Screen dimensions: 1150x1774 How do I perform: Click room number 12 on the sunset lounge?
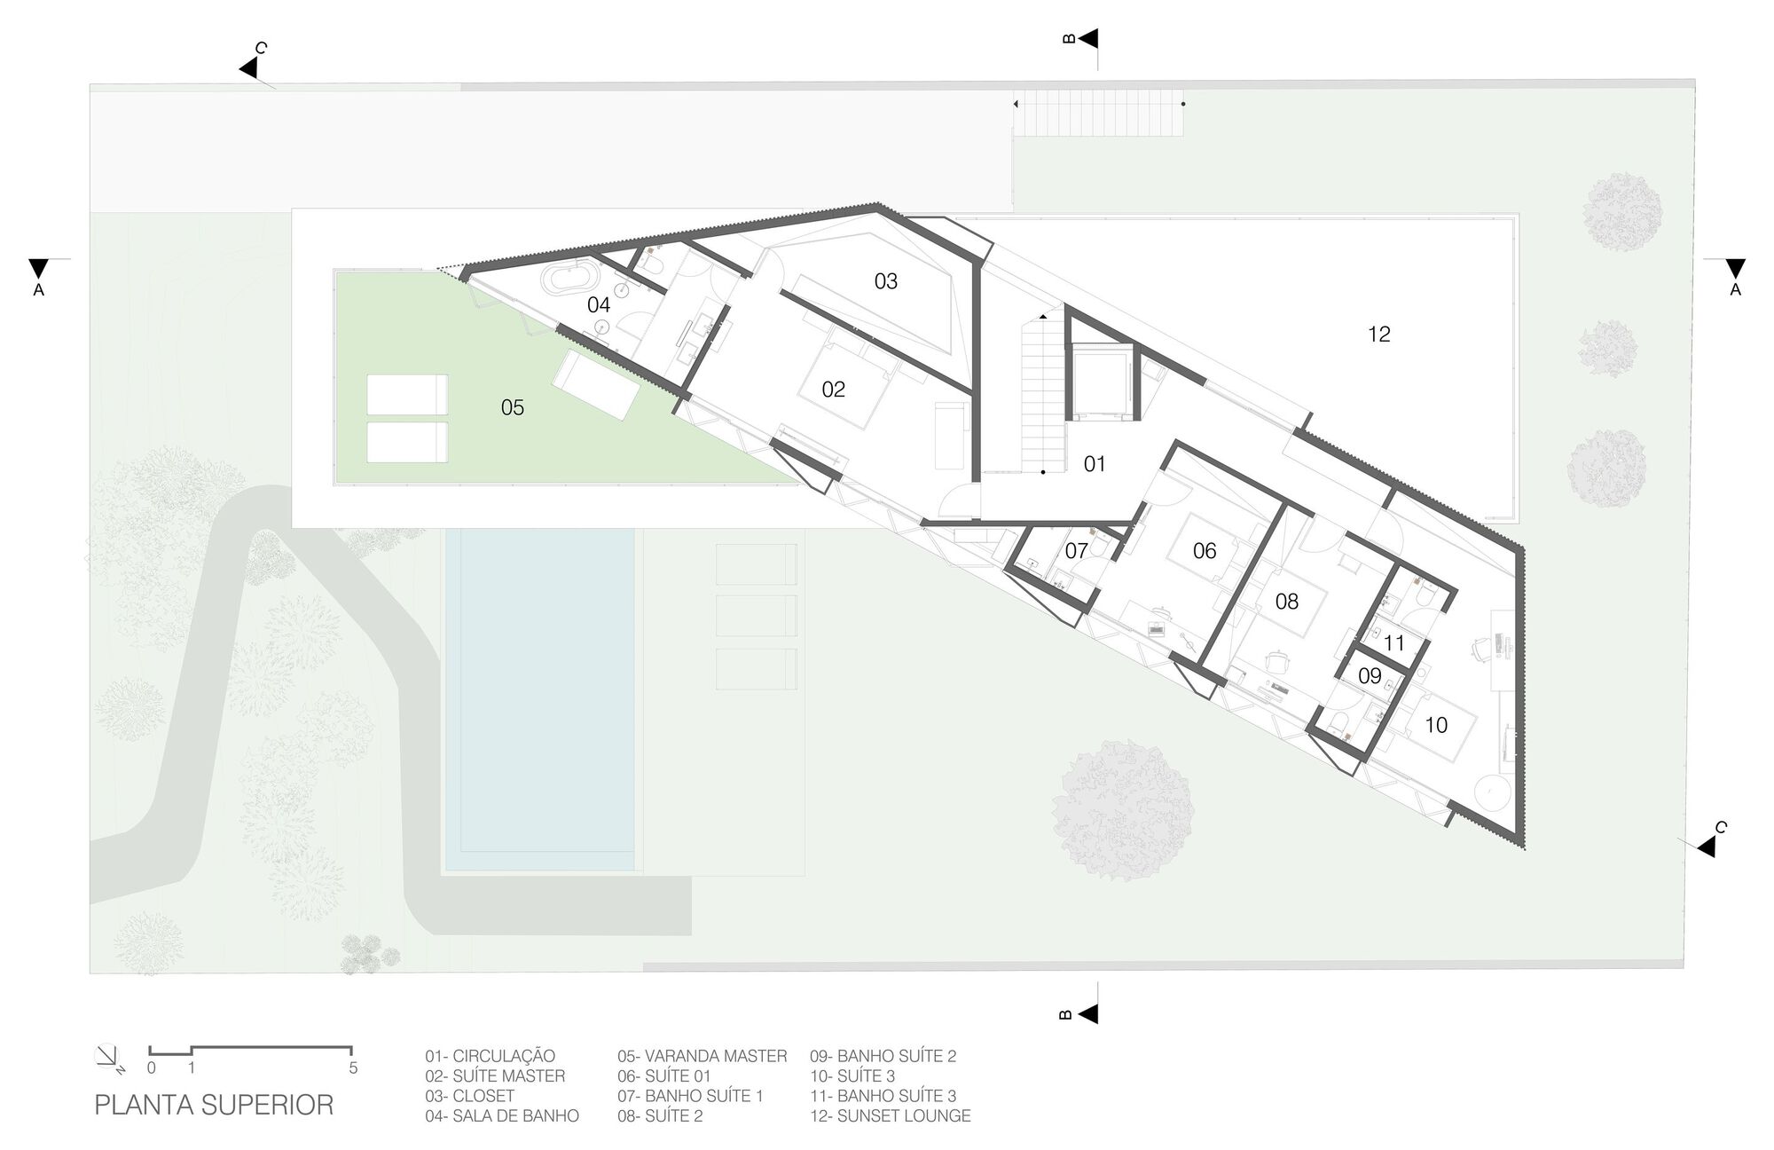(x=1378, y=335)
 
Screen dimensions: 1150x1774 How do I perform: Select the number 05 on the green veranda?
(x=513, y=407)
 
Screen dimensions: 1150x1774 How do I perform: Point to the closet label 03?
(x=885, y=281)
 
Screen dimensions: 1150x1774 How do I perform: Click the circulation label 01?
(x=1095, y=464)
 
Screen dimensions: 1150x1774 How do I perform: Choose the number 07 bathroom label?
(x=1076, y=551)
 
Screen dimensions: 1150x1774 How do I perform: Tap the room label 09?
(x=1370, y=676)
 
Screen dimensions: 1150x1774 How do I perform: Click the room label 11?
(x=1393, y=643)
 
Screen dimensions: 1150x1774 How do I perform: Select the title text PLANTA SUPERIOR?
(x=214, y=1105)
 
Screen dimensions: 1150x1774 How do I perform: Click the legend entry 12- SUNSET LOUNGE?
(x=890, y=1115)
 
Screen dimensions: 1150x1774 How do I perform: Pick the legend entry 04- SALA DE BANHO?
(x=502, y=1115)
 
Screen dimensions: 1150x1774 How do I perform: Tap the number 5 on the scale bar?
(x=353, y=1068)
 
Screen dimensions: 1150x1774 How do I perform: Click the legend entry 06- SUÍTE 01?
(x=664, y=1075)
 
